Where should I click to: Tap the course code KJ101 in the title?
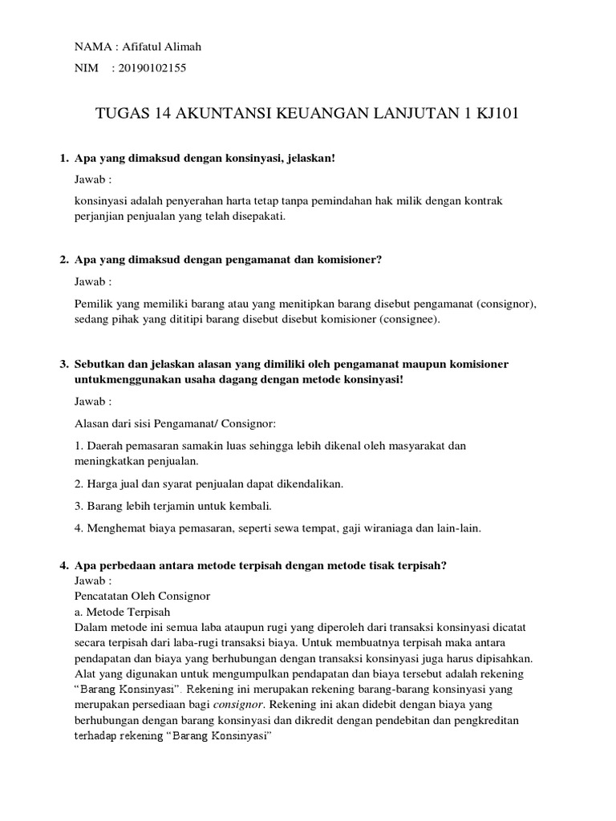[496, 114]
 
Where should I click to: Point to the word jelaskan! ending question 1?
[306, 159]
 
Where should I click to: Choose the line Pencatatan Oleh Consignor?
[141, 597]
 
